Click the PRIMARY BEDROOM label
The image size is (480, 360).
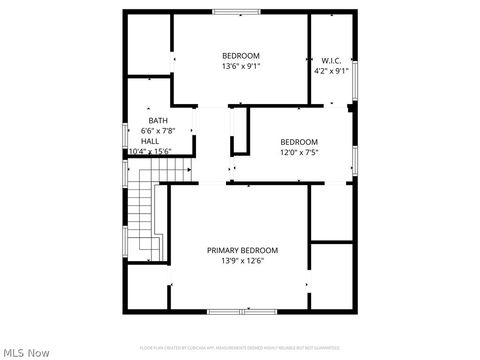242,250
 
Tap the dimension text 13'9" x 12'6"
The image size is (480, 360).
242,261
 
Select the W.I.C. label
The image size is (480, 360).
331,60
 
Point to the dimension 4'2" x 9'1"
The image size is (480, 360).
331,71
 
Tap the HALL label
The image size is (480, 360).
150,141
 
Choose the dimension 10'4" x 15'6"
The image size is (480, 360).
150,152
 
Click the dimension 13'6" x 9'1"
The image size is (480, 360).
241,66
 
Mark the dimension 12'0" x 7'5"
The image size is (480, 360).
298,152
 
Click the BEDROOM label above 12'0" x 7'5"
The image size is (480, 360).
298,141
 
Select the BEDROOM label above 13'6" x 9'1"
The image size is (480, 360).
241,55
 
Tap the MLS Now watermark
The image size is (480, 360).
26,352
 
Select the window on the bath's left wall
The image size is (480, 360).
125,132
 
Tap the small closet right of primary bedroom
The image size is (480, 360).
332,275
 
